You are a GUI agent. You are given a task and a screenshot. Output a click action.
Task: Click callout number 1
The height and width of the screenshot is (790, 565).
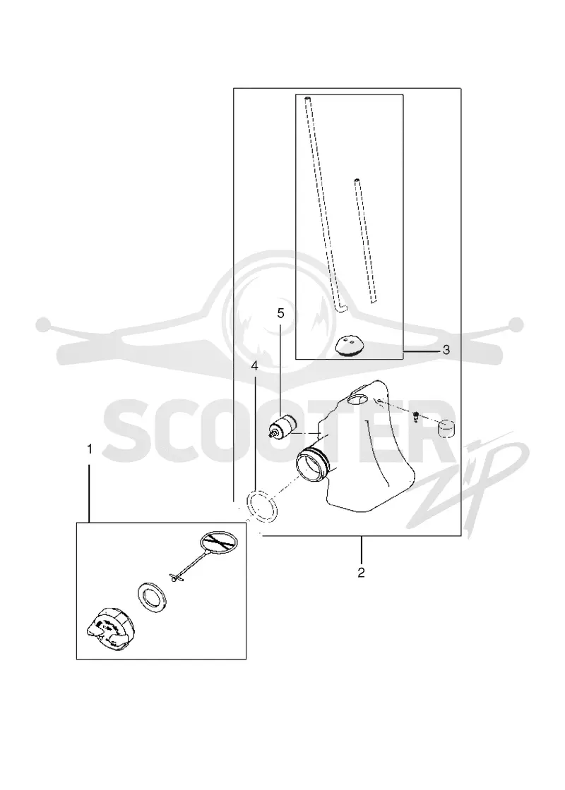(90, 449)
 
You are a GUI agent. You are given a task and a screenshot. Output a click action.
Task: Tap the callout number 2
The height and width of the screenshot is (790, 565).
(361, 572)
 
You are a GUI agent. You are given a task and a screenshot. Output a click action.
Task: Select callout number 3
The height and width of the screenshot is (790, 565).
(446, 350)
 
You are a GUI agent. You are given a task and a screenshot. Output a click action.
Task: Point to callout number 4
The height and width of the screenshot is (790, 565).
(255, 366)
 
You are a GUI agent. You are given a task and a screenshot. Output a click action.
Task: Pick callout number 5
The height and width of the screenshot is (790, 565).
(280, 313)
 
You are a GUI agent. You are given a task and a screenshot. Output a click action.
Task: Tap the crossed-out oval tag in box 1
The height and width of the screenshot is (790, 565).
(218, 543)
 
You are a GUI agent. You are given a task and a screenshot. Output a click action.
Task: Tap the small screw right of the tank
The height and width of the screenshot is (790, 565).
(416, 416)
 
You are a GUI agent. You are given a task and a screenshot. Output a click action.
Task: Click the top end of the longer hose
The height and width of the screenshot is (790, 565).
(307, 97)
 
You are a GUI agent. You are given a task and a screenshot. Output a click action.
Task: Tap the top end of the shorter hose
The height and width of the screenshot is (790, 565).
(357, 181)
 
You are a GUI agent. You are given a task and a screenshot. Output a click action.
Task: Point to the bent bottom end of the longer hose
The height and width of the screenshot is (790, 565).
(340, 307)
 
